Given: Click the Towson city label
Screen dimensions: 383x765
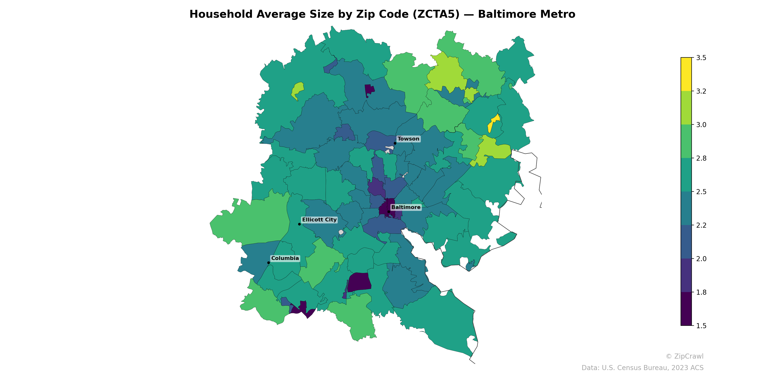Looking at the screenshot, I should point(408,139).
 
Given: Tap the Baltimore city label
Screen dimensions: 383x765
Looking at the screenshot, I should point(406,207).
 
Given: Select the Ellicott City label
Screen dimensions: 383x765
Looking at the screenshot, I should point(319,220).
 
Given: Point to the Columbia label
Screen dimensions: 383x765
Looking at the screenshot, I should point(285,258).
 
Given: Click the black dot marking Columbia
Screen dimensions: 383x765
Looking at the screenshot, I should point(268,263).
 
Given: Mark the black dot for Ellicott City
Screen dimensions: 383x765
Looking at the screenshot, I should point(299,224).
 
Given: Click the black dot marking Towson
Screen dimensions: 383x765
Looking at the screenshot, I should point(395,143).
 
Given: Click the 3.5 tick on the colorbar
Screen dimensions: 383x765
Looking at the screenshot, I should point(701,58).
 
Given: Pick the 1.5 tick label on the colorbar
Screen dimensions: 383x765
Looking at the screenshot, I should point(701,326).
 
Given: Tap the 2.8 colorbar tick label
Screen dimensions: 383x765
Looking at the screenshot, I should point(701,158).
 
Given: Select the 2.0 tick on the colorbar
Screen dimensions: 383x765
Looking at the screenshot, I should point(701,259).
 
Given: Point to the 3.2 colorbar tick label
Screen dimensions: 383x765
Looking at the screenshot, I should point(701,91).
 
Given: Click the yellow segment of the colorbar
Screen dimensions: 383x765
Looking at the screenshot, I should point(686,74).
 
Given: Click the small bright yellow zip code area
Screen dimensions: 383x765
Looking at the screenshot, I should point(494,123).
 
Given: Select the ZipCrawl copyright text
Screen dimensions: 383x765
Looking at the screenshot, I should point(684,356).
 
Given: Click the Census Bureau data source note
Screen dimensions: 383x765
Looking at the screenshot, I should point(642,368).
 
